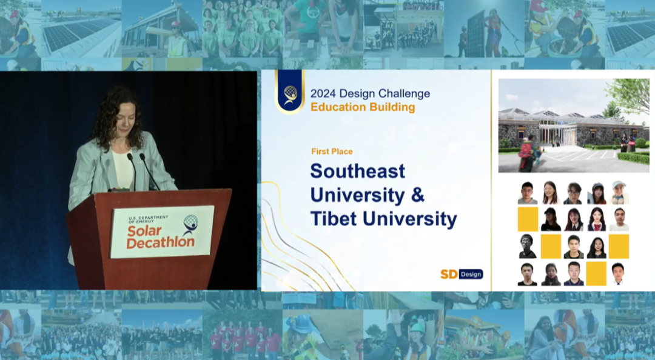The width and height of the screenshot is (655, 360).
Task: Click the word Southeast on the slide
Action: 358,172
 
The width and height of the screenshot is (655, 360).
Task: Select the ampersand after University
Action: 418,195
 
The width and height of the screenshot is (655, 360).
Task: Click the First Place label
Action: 332,151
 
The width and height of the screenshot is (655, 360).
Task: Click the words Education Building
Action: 363,107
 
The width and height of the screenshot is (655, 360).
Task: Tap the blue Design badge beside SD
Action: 471,274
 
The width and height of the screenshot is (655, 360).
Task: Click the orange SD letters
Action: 449,274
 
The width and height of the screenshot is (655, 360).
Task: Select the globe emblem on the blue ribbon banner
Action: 290,95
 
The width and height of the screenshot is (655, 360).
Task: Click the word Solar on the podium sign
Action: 144,231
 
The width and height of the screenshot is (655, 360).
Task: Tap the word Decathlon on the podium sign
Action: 160,242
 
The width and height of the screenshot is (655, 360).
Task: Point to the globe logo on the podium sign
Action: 190,224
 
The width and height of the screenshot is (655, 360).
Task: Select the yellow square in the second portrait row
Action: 528,219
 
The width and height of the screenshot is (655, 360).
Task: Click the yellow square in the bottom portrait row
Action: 596,273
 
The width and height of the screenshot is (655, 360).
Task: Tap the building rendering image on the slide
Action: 574,125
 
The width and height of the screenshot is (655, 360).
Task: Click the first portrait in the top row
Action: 528,193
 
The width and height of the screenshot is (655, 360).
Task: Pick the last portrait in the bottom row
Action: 618,274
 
